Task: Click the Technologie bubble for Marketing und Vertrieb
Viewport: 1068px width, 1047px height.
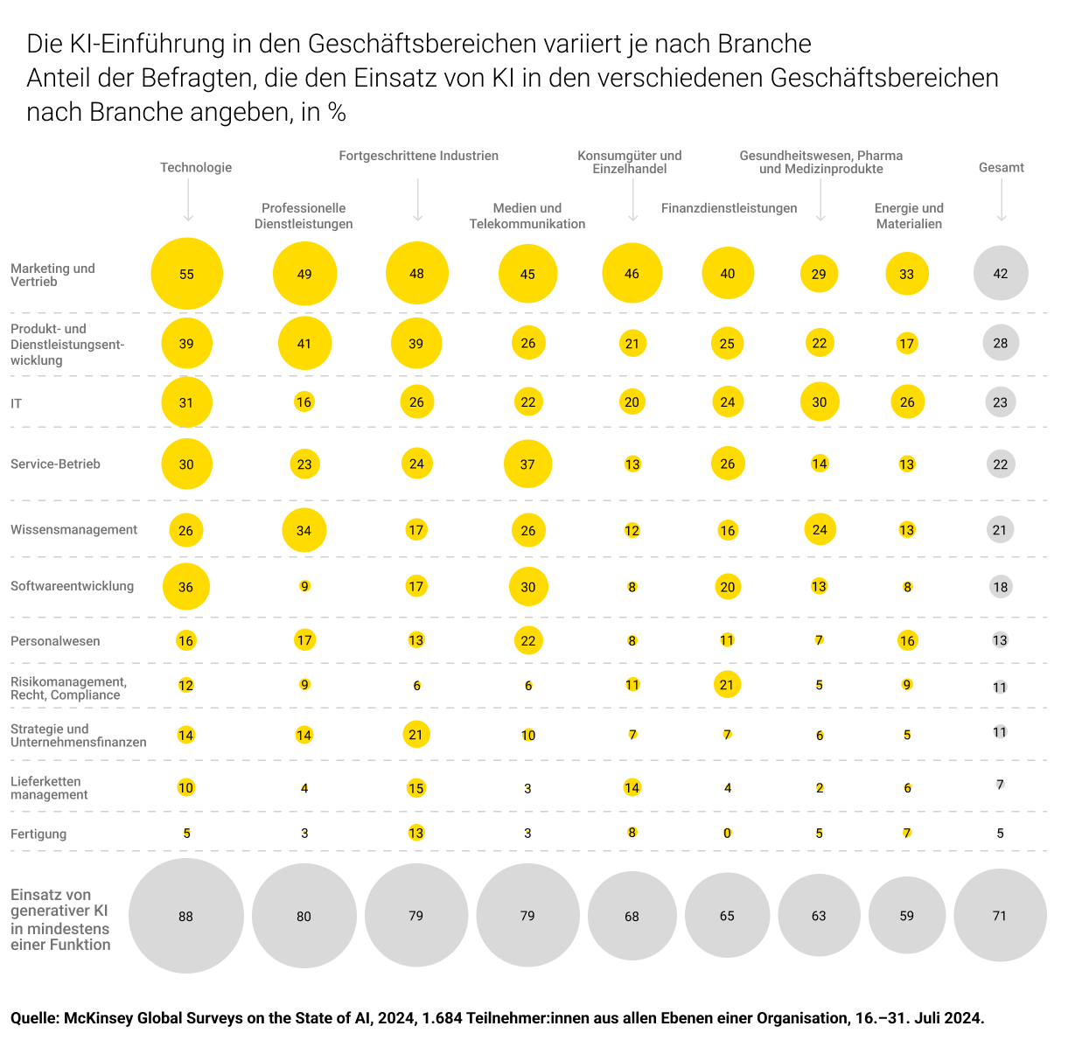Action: coord(186,274)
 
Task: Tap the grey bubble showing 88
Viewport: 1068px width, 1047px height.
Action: coord(185,916)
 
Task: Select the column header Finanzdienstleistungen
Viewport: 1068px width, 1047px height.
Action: coord(729,208)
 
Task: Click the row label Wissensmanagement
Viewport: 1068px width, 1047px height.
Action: coord(73,529)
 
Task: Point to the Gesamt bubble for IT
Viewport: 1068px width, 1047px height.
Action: coord(1000,403)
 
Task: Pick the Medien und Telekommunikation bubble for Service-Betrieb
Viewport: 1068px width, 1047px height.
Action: coord(527,464)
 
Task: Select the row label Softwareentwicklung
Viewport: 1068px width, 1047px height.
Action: coord(72,586)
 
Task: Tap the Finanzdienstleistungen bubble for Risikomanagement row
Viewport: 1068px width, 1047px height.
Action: coord(727,685)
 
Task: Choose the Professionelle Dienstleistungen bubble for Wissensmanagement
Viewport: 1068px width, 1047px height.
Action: coord(304,530)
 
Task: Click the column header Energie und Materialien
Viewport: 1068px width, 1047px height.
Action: coord(909,216)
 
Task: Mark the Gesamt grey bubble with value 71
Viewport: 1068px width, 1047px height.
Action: coord(1000,916)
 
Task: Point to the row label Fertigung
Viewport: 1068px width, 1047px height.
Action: coord(38,834)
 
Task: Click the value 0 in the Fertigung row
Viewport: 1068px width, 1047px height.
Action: coord(727,834)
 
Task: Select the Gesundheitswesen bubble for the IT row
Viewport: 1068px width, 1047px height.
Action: coord(819,402)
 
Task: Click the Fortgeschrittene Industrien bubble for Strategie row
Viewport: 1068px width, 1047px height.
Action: coord(415,735)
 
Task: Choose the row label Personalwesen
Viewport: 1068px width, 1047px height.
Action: coord(55,641)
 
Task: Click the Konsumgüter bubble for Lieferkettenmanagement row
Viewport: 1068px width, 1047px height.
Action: coord(632,788)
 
